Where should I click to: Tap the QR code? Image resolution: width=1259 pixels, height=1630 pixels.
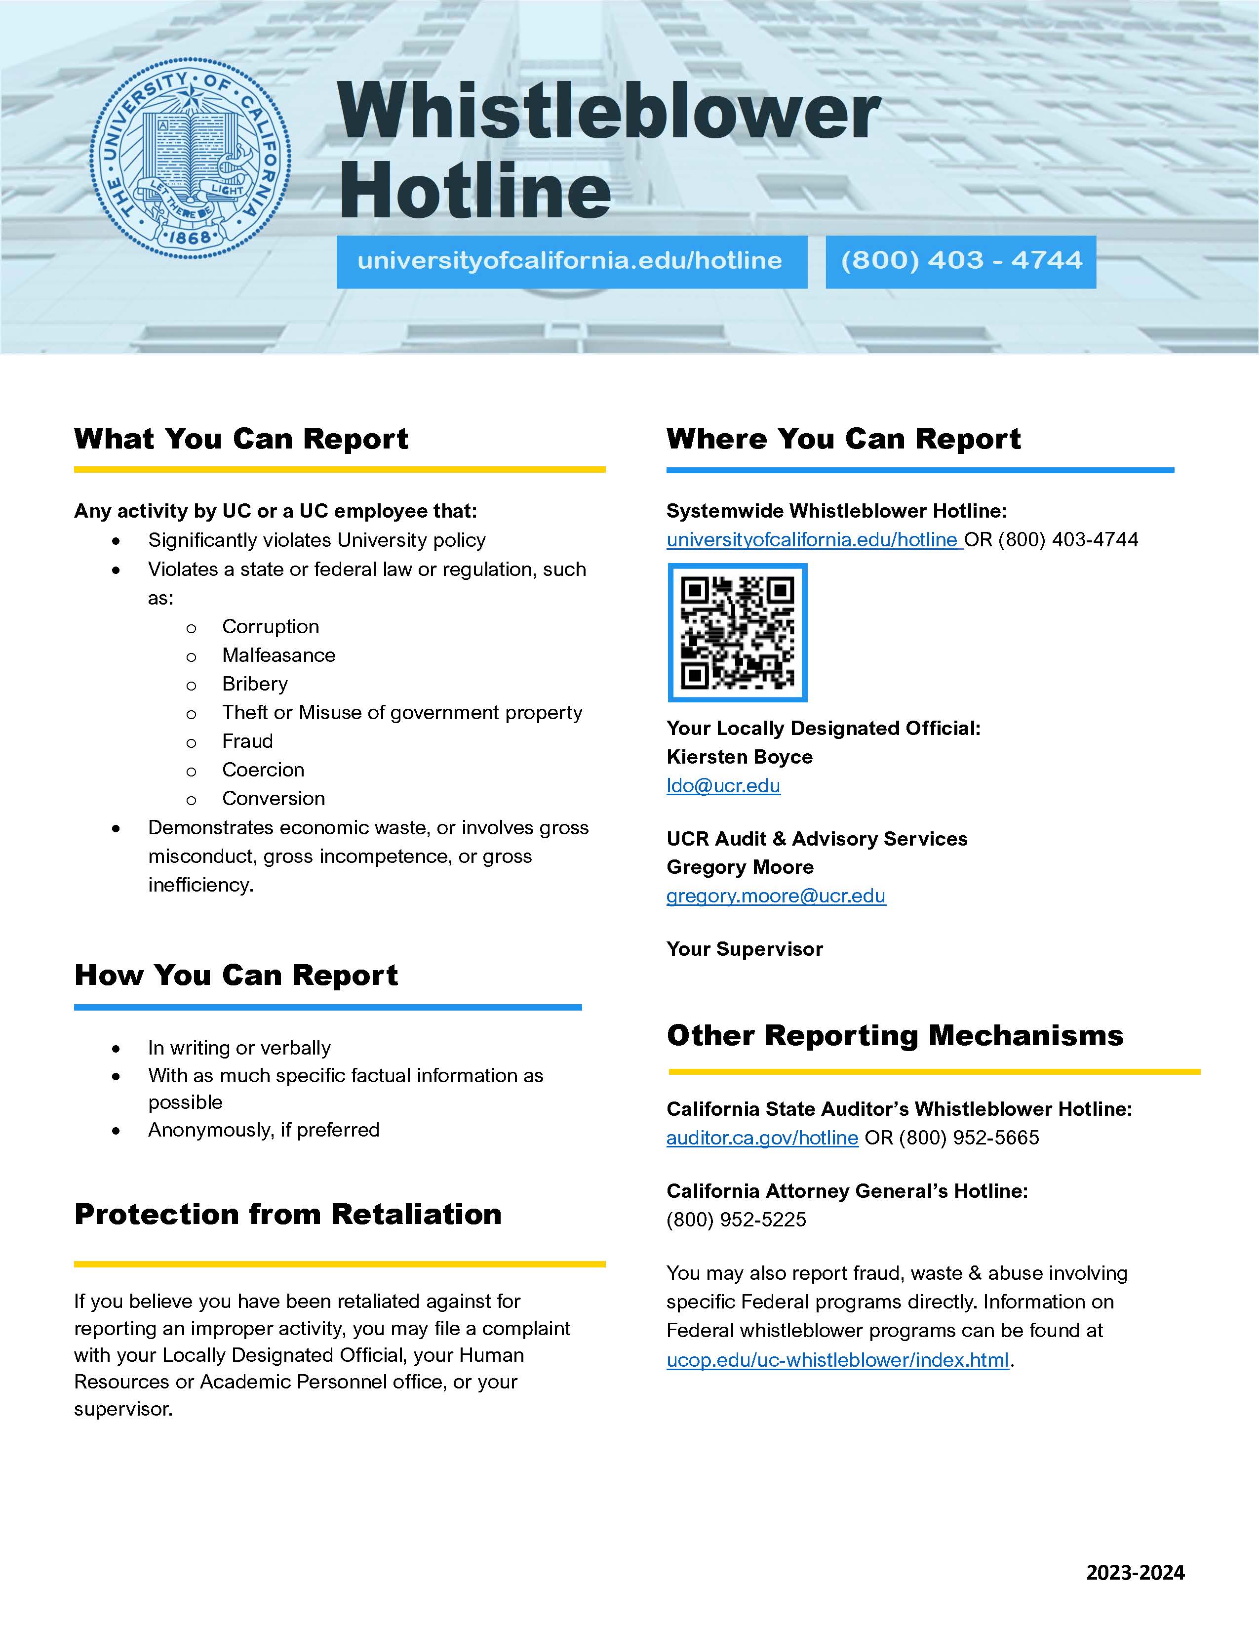[x=738, y=633]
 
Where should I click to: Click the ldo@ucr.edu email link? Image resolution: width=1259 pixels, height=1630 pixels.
[x=723, y=786]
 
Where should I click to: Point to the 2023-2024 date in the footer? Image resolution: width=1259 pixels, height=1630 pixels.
[x=1135, y=1573]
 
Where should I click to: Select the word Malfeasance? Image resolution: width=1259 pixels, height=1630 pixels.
[x=278, y=655]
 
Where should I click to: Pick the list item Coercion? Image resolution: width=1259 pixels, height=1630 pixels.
[x=263, y=770]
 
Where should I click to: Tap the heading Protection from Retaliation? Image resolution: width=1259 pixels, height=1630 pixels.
[x=288, y=1214]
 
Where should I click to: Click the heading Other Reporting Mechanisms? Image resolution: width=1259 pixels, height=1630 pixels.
[x=894, y=1035]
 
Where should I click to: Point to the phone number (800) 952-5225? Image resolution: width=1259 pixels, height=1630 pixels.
[x=736, y=1220]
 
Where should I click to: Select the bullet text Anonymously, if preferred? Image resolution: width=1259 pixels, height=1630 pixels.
[x=263, y=1130]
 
